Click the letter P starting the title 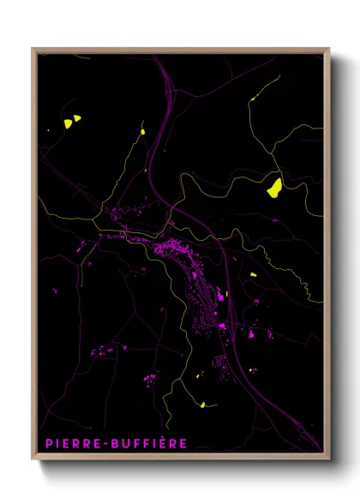pos(47,443)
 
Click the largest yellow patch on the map pos(274,188)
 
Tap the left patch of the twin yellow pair pos(67,123)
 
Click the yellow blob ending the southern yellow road pos(201,404)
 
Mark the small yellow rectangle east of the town pos(253,274)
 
